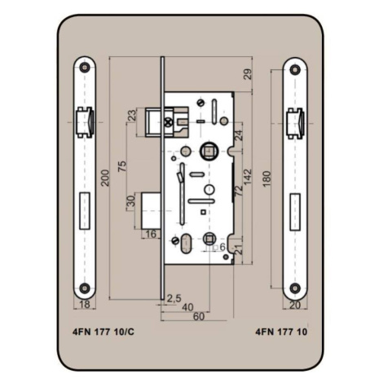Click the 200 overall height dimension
(x=105, y=178)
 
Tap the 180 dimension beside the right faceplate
(x=267, y=178)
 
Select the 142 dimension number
(x=248, y=177)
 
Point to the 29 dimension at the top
(x=248, y=74)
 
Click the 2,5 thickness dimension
(x=174, y=298)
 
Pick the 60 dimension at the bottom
(x=199, y=316)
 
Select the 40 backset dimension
(x=187, y=307)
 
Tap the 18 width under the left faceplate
(x=85, y=305)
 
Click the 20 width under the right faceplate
(x=295, y=306)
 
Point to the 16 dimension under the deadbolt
(x=152, y=234)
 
